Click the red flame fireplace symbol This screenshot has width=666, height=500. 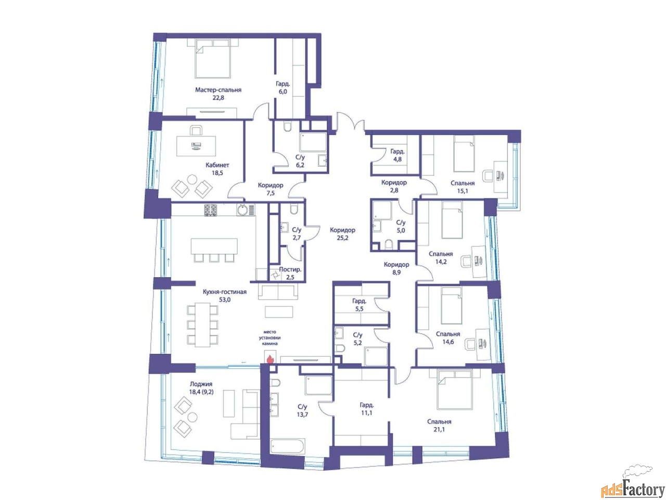(x=270, y=359)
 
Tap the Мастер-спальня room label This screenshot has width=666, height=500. (x=218, y=90)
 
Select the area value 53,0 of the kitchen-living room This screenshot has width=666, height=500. (x=225, y=299)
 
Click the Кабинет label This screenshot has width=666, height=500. (x=217, y=165)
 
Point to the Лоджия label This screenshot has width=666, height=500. (x=201, y=384)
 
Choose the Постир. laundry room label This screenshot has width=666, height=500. (x=290, y=269)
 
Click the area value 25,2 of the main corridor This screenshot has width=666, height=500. (x=342, y=238)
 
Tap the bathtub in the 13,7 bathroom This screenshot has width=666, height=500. (x=286, y=446)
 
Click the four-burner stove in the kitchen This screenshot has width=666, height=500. (x=211, y=210)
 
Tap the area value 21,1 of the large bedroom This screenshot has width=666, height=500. (x=439, y=430)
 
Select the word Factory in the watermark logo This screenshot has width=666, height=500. (x=643, y=489)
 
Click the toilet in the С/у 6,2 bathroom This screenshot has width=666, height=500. (x=287, y=126)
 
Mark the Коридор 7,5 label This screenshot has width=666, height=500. (x=271, y=189)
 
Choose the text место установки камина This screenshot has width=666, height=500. (x=270, y=338)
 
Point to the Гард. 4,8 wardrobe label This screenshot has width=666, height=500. (x=397, y=155)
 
